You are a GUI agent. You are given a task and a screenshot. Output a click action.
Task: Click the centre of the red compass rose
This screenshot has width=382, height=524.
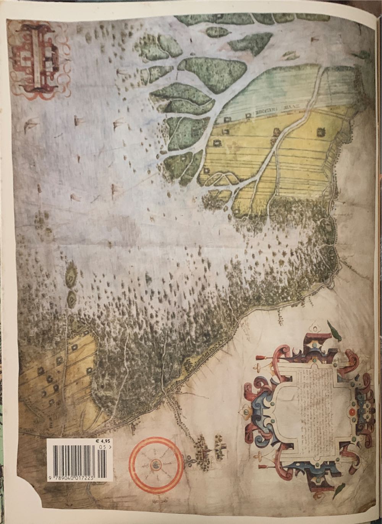click(x=156, y=464)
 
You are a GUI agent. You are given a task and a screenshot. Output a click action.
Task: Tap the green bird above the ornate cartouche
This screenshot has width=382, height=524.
click(x=334, y=331)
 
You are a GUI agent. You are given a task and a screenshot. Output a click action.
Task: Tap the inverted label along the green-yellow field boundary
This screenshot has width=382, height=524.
click(x=267, y=111)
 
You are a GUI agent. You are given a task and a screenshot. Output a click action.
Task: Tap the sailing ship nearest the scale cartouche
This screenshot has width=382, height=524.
click(x=123, y=73)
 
